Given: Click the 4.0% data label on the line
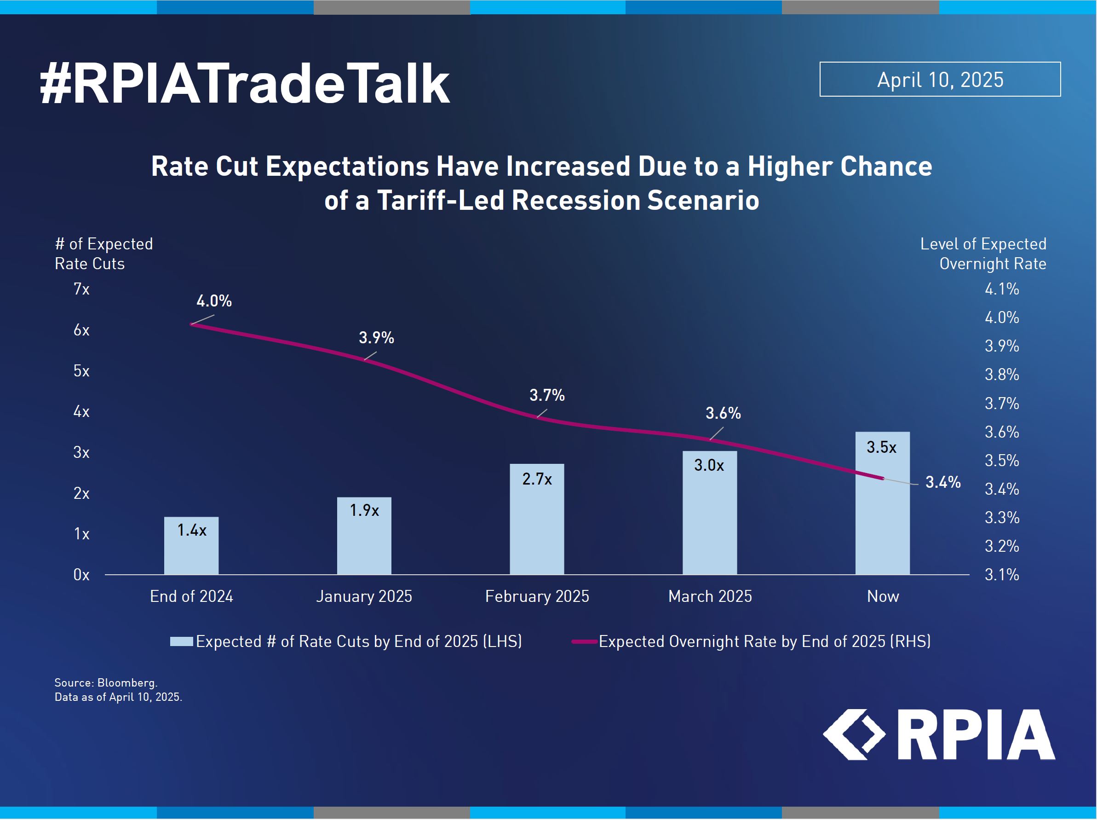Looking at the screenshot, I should pos(214,301).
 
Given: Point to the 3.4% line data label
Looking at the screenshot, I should pos(943,482).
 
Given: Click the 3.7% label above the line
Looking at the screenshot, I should pos(546,395).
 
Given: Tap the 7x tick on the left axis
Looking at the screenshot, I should pos(81,289).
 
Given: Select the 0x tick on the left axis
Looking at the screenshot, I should pos(81,575).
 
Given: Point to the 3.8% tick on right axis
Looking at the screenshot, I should pos(1001,375).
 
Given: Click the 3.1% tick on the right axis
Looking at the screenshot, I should pos(1001,575).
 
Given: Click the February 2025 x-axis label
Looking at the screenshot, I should pos(537,596).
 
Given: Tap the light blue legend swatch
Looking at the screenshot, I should pos(182,641).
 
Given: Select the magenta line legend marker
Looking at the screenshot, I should pos(584,641).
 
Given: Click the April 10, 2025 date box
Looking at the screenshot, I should pos(940,79).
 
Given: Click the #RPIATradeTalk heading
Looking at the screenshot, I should pos(245,84).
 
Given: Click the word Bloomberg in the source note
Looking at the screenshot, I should pos(126,682).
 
